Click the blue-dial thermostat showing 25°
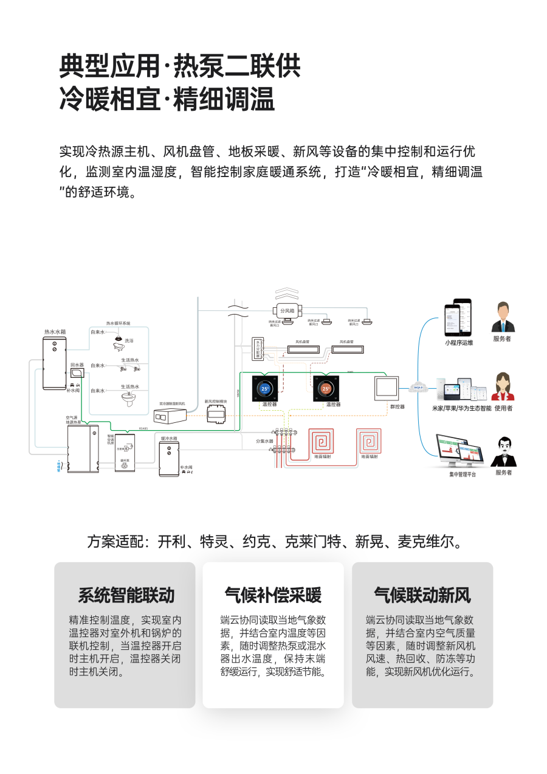[265, 388]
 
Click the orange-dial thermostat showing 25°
[326, 388]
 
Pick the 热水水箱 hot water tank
[54, 363]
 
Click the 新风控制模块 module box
[216, 415]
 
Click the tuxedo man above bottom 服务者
[503, 451]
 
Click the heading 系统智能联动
[126, 595]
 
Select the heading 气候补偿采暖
[273, 595]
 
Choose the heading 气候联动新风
[422, 595]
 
